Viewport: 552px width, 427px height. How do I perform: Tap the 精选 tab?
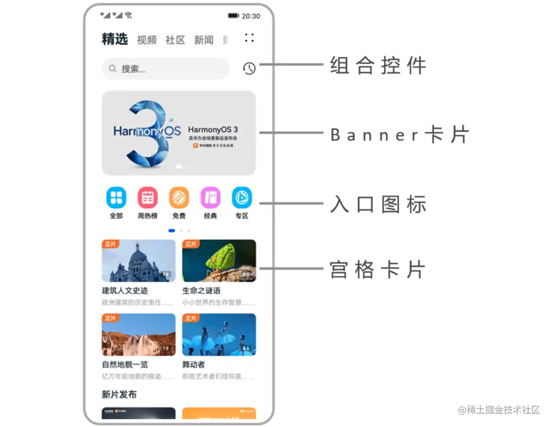click(114, 39)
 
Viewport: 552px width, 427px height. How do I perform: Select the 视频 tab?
click(147, 40)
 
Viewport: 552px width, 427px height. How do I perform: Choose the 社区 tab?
click(175, 40)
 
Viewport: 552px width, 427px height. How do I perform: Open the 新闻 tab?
click(203, 40)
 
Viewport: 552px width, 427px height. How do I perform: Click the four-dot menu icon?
click(249, 38)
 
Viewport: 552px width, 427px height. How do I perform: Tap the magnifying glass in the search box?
click(113, 68)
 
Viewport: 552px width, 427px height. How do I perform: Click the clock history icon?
click(249, 68)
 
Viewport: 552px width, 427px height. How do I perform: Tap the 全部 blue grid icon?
click(116, 198)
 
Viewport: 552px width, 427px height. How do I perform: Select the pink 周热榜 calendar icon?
click(148, 198)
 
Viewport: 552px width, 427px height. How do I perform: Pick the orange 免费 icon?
click(179, 198)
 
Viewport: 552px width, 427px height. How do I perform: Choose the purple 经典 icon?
click(210, 198)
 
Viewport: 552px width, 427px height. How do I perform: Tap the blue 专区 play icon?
click(242, 198)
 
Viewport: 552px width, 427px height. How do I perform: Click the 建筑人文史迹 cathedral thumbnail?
click(139, 261)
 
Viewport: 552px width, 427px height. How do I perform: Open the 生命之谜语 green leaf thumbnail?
click(219, 261)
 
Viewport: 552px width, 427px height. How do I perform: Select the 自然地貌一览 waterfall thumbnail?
click(139, 335)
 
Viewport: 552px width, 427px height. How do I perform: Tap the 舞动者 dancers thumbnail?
click(219, 335)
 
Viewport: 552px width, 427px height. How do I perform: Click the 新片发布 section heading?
click(119, 394)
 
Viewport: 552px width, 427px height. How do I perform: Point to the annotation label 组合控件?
click(378, 66)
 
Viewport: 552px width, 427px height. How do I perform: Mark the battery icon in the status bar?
click(234, 16)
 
